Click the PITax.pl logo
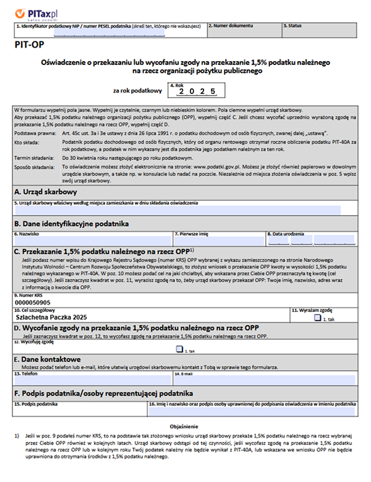[x=32, y=12]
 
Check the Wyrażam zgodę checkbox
[x=317, y=318]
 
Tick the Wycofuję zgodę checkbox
[x=179, y=349]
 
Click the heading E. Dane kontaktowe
[x=48, y=359]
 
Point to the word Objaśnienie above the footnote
[x=185, y=426]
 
